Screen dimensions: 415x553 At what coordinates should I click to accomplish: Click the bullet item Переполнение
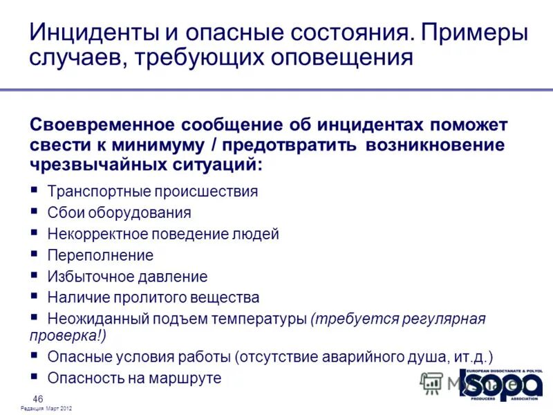[x=100, y=255]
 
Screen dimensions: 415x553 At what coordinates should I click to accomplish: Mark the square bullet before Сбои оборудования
[x=35, y=212]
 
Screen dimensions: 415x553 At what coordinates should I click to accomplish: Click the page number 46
[x=38, y=398]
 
